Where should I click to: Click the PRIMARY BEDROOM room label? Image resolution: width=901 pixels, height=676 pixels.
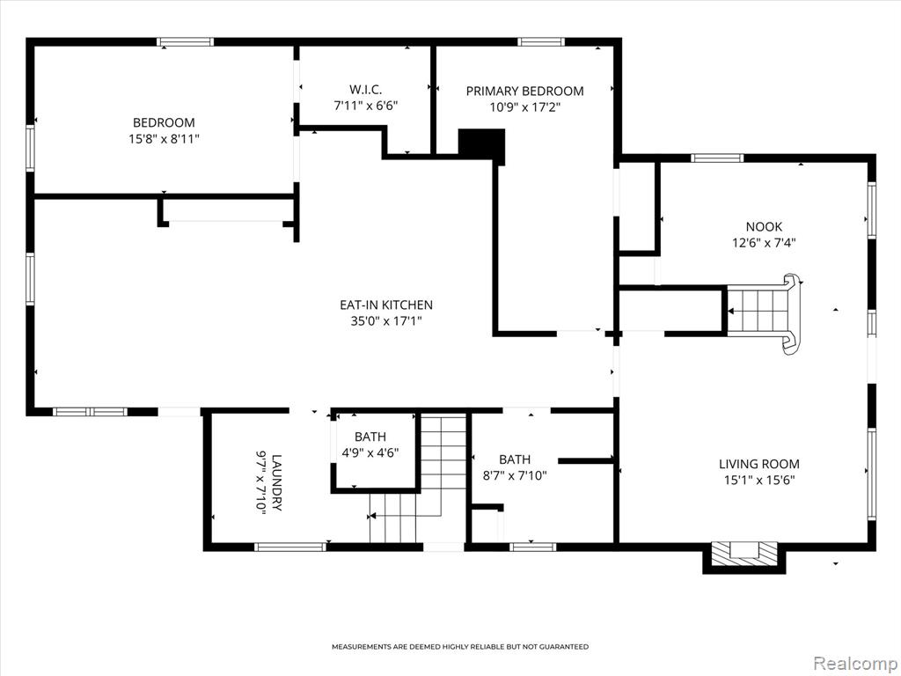[x=524, y=91]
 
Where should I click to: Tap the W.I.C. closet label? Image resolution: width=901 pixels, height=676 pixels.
[x=365, y=90]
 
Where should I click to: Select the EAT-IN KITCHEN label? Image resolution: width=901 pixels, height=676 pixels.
[x=386, y=305]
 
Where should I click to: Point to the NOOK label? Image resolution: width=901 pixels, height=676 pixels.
[x=764, y=226]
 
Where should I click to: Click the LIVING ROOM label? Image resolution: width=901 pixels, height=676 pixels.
[x=759, y=464]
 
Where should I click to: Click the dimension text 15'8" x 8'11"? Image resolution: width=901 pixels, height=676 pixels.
[x=164, y=138]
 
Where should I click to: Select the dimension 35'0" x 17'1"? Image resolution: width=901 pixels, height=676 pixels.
[x=386, y=320]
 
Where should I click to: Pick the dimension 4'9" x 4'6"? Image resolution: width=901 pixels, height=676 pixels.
[x=370, y=452]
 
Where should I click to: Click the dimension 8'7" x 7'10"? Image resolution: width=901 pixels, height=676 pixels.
[x=514, y=475]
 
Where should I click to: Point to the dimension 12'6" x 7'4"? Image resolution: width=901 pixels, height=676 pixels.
[x=764, y=243]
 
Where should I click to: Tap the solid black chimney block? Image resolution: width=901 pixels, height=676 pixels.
[x=481, y=144]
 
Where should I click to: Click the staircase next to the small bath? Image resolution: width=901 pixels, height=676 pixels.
[x=417, y=479]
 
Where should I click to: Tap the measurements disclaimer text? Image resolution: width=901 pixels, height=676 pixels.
[x=460, y=647]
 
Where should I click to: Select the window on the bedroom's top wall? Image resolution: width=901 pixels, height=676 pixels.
[x=185, y=41]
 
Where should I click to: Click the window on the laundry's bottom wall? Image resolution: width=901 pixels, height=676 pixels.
[x=290, y=547]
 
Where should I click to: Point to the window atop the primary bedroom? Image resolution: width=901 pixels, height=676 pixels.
[x=541, y=41]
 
